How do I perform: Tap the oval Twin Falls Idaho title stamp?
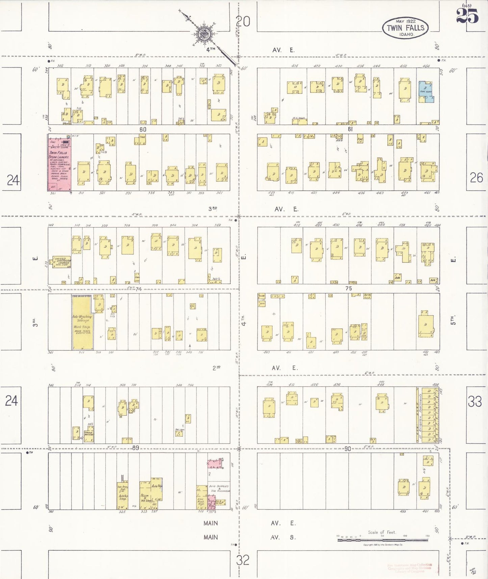pos(405,28)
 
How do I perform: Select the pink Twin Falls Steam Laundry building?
pos(59,163)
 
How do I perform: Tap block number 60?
pos(143,129)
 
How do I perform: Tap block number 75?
pos(349,288)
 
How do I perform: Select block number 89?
pos(135,448)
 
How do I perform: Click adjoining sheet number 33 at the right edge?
pos(474,401)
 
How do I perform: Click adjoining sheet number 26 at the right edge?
pos(476,178)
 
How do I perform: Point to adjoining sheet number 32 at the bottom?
pos(242,560)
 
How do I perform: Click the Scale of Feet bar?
pos(383,540)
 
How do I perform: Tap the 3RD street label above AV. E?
pos(212,209)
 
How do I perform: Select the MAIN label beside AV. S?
pos(210,537)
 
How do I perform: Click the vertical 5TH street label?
pos(454,320)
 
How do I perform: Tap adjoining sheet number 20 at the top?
pos(243,22)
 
